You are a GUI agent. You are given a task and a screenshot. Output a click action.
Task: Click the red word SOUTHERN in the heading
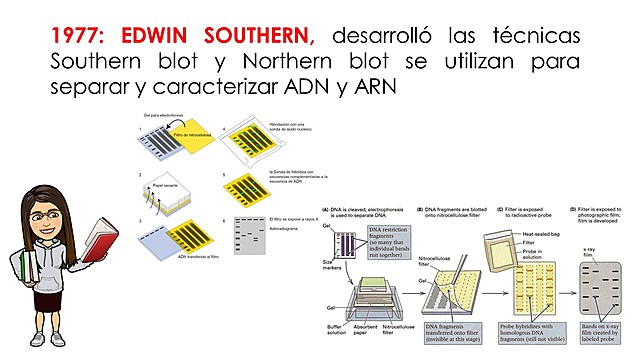[x=257, y=36]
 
